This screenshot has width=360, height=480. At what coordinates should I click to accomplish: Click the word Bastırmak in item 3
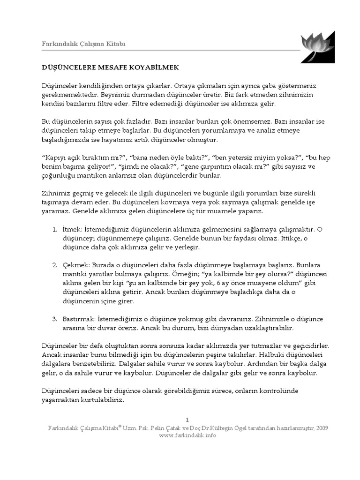(78, 319)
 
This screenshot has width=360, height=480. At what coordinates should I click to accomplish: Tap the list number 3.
(54, 319)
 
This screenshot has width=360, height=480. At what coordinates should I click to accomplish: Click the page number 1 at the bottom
(187, 420)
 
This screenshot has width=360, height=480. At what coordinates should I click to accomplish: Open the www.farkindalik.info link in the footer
(187, 435)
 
